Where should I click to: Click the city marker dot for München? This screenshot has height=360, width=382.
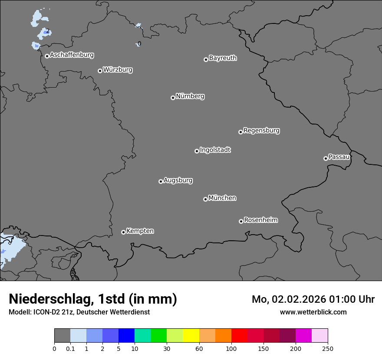tap(205, 199)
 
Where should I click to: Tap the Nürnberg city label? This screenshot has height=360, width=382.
tap(190, 96)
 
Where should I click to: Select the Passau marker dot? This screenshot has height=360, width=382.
tap(326, 158)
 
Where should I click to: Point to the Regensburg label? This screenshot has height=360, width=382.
tap(261, 130)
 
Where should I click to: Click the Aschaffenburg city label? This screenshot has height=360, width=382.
tap(72, 55)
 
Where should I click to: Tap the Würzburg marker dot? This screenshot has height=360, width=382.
tap(100, 71)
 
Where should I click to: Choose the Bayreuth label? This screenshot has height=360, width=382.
tap(223, 58)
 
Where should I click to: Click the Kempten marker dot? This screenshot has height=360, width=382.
tap(123, 232)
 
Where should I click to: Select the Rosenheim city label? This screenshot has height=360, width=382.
tap(260, 220)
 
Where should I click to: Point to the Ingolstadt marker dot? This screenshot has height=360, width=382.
tap(197, 151)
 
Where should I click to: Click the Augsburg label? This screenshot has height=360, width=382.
tap(178, 180)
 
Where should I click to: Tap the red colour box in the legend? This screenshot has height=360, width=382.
tap(239, 336)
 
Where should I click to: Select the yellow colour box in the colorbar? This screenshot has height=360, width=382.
tap(191, 336)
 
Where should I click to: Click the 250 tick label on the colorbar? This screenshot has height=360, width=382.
tap(328, 348)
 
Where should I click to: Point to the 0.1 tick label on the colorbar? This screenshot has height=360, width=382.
tap(70, 348)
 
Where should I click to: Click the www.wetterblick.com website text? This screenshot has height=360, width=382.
tap(313, 312)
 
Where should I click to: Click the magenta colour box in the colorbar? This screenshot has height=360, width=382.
tap(303, 336)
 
